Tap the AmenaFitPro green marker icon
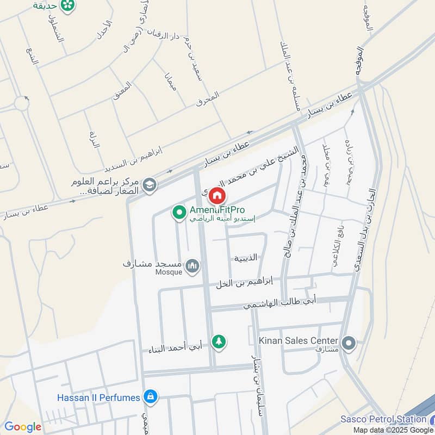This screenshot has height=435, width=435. click(x=178, y=213)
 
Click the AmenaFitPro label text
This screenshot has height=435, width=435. click(x=216, y=210)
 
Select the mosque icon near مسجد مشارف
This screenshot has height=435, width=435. click(x=192, y=266)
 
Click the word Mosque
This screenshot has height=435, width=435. click(x=169, y=272)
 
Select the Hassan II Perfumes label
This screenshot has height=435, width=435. click(x=99, y=397)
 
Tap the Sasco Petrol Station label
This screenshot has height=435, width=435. click(x=383, y=419)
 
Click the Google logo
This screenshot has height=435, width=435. click(x=22, y=427)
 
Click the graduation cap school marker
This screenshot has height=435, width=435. click(x=148, y=186)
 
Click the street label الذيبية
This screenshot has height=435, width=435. click(x=245, y=258)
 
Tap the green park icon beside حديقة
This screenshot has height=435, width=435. click(x=69, y=5)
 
